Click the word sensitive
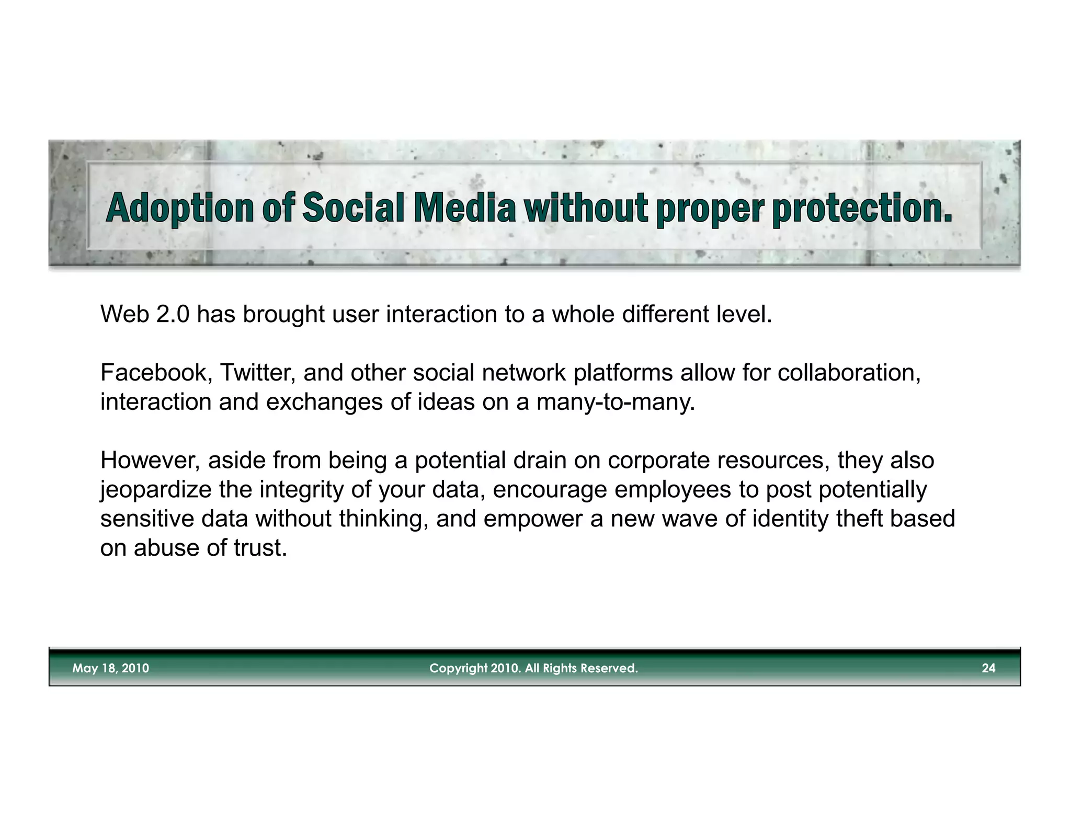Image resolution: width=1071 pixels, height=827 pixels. coord(147,519)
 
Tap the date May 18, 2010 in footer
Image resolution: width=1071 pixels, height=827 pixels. coord(110,668)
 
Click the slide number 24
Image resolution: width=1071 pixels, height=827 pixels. coord(988,668)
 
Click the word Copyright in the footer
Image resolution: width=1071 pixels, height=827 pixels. coord(458,668)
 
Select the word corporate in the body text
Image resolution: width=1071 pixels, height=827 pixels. coord(658,461)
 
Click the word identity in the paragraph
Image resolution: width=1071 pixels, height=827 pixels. coord(790,519)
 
